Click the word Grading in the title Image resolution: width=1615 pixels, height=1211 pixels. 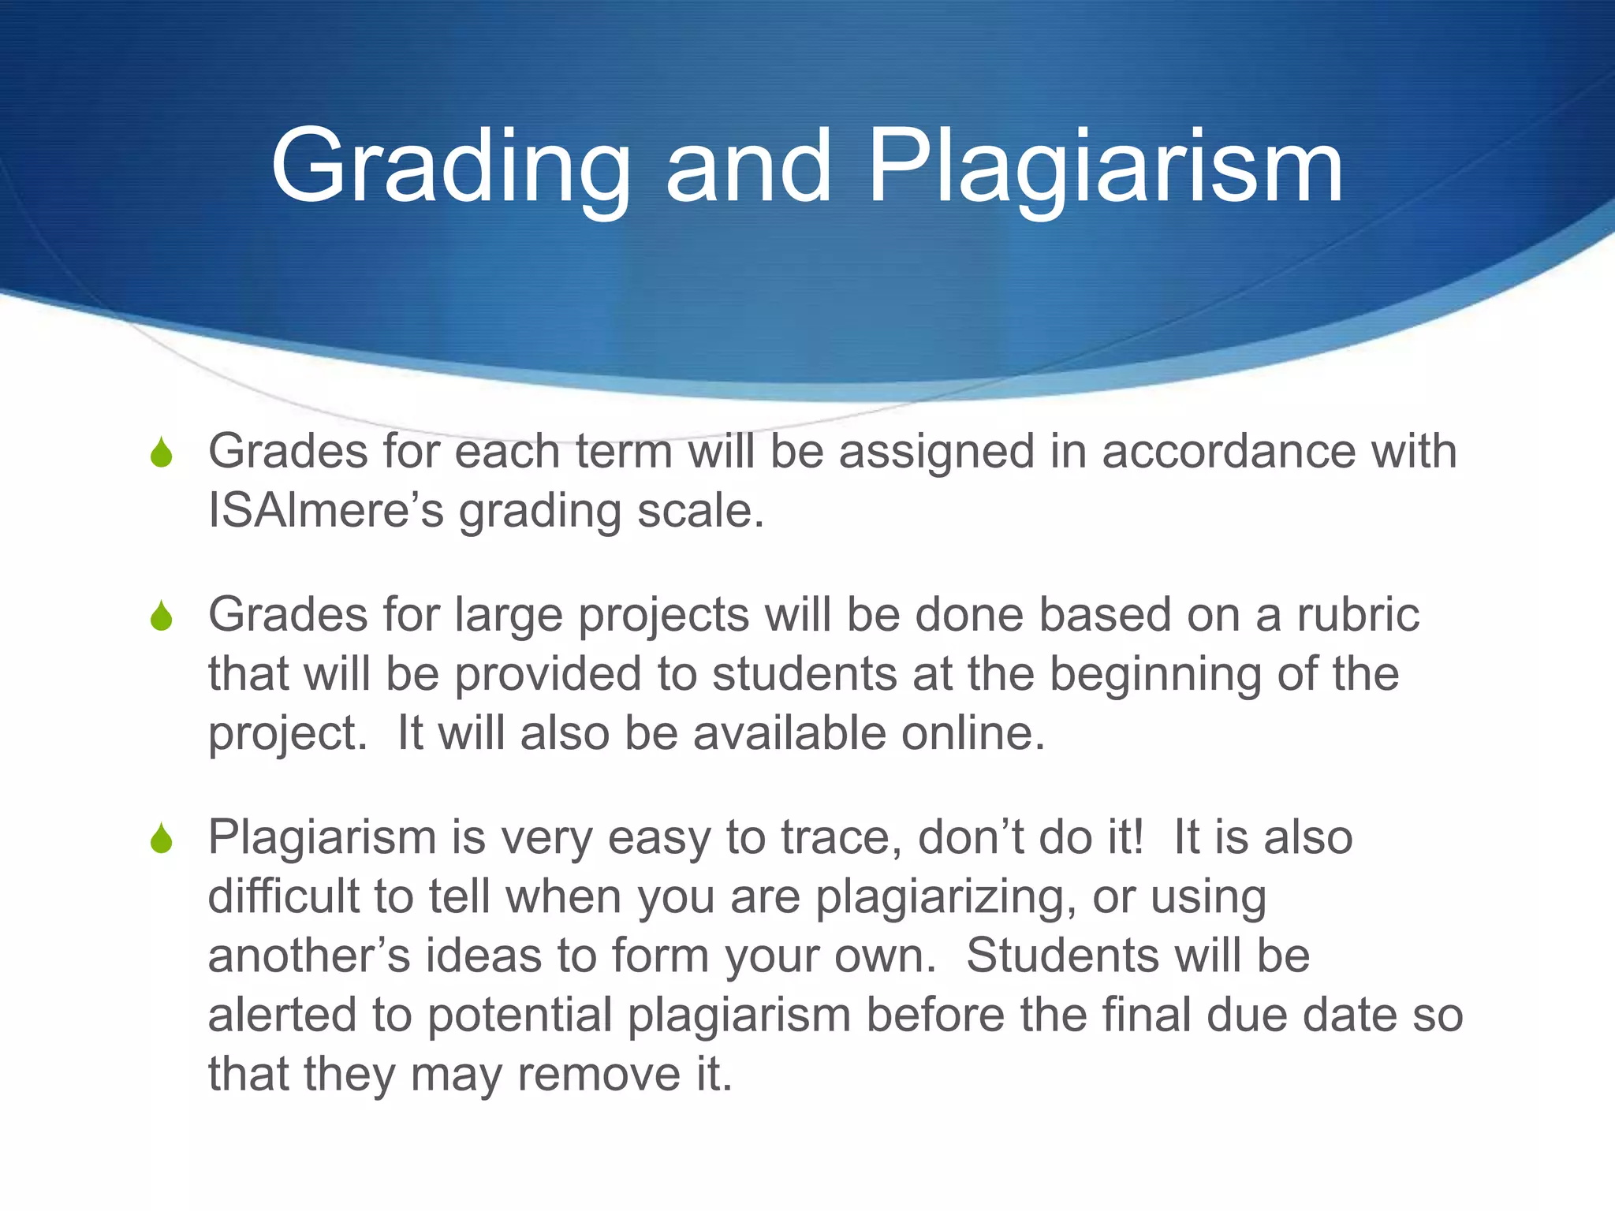click(x=450, y=167)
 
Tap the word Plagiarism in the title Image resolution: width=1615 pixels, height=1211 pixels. click(x=1105, y=167)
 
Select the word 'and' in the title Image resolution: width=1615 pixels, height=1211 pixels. click(x=748, y=167)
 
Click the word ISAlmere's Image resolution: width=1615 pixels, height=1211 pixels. click(x=326, y=512)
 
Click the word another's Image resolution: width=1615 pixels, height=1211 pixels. click(x=309, y=956)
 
